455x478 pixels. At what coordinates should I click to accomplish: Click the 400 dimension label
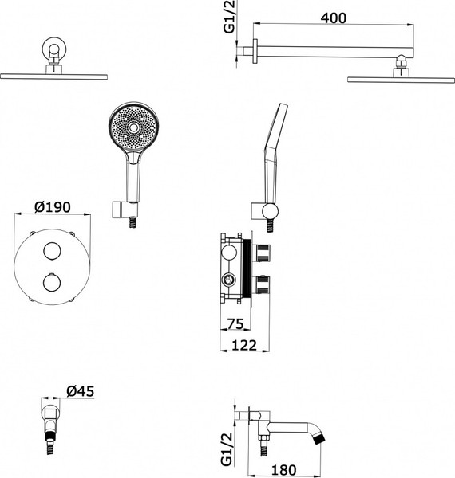[333, 18]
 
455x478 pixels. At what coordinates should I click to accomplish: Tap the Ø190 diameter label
[53, 207]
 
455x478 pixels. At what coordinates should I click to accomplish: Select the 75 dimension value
[235, 323]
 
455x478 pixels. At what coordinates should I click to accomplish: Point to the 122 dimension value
[244, 346]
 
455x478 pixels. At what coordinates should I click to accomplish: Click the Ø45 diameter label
[81, 391]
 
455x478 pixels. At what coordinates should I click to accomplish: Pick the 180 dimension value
[283, 470]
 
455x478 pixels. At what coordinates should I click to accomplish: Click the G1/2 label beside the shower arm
[229, 17]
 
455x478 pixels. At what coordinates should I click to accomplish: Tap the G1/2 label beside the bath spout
[227, 449]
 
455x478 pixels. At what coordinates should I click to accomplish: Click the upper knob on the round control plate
[52, 251]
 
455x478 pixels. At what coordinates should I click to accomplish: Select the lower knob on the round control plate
[52, 282]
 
